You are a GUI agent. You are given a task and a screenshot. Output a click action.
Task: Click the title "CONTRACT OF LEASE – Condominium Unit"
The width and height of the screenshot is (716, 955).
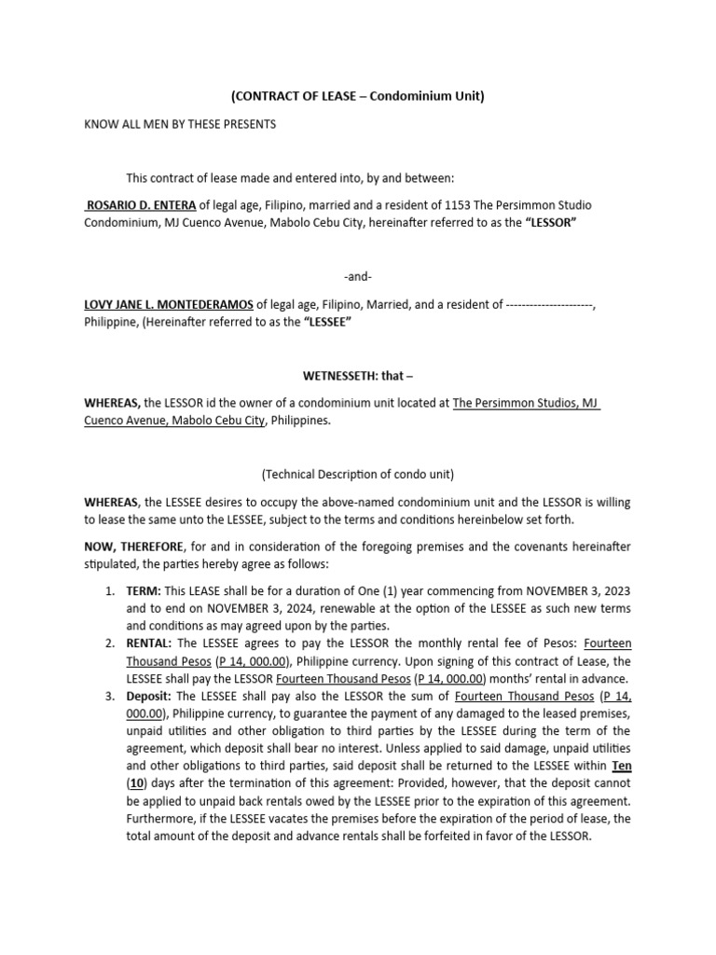coord(358,96)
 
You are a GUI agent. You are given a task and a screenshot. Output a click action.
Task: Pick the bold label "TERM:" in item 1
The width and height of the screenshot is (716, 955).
coord(144,591)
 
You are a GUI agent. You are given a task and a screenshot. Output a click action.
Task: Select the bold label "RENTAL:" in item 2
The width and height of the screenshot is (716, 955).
coord(149,644)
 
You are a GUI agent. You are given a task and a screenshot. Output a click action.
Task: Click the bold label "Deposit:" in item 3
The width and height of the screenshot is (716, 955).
coord(149,696)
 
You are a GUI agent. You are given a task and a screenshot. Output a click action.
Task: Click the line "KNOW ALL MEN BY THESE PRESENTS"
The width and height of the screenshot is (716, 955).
coord(181,124)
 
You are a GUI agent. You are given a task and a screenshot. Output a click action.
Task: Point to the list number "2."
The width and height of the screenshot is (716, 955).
coord(110,644)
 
